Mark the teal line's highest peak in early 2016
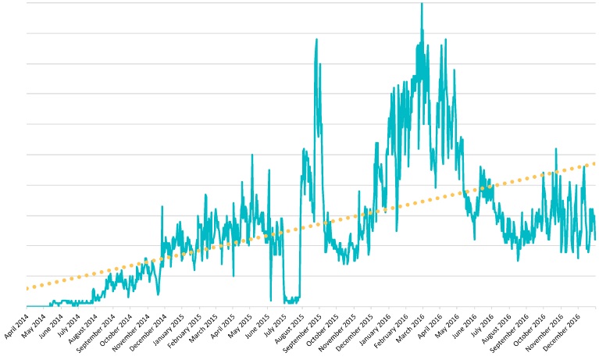click(422, 4)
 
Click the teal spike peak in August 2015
click(316, 39)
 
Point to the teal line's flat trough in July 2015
click(291, 299)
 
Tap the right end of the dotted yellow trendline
click(595, 163)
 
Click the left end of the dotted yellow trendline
click(27, 288)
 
